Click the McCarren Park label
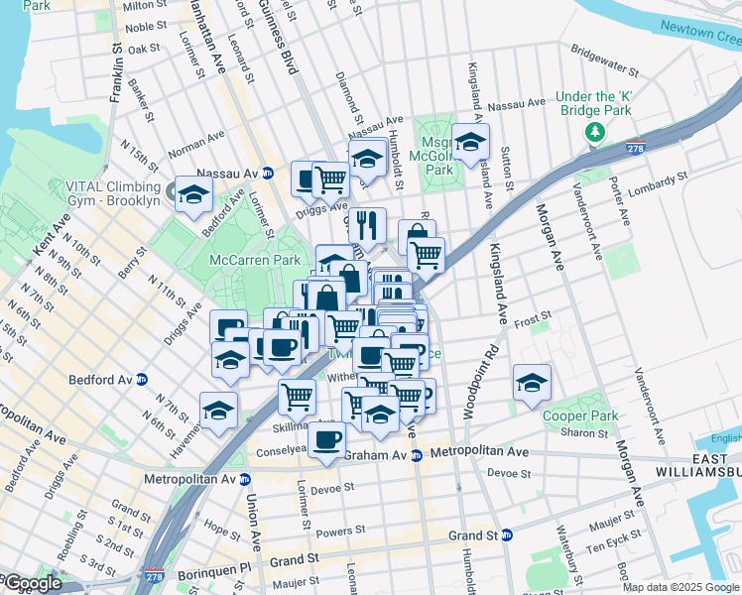click(254, 260)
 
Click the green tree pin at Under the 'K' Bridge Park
click(594, 132)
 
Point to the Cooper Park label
click(580, 416)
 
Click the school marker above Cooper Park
click(532, 383)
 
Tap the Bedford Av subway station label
click(107, 379)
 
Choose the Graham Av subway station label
click(382, 455)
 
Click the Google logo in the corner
click(31, 584)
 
